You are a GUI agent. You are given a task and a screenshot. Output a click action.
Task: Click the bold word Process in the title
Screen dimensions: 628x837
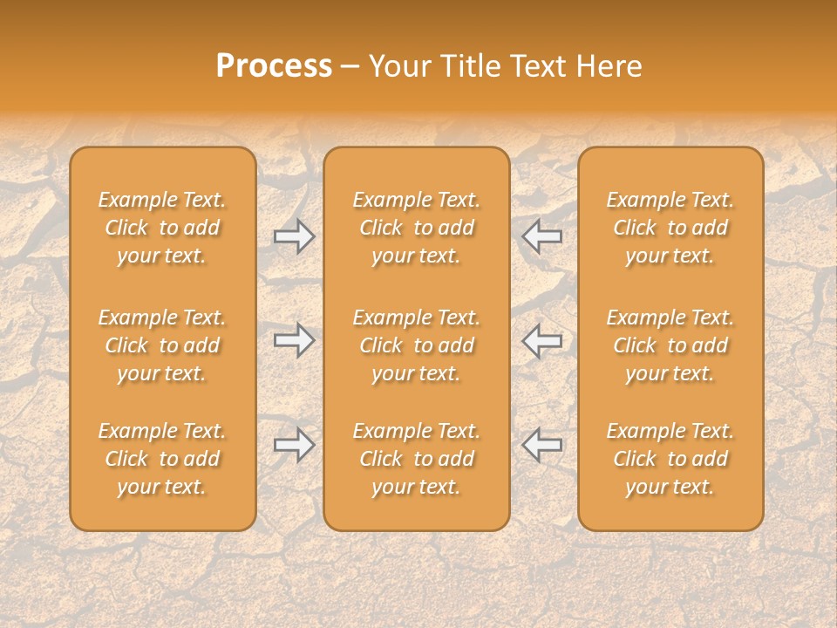point(274,66)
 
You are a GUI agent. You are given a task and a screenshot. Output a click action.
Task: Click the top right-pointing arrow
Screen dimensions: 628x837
point(295,235)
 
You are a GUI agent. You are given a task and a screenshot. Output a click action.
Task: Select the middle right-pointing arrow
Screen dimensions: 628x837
point(295,339)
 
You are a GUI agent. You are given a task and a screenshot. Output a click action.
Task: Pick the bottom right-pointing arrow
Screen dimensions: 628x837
point(295,444)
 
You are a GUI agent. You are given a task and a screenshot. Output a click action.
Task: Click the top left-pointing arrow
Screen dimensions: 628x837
point(541,235)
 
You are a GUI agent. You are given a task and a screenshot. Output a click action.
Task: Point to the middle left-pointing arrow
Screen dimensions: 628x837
point(541,339)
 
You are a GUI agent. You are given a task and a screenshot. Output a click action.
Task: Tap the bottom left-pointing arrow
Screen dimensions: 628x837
point(541,444)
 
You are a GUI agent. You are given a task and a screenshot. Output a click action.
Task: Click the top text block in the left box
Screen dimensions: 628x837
point(162,228)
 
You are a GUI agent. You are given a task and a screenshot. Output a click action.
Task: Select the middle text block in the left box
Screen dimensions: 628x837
point(162,345)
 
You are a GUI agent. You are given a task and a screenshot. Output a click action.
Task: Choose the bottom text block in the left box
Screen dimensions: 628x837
point(162,459)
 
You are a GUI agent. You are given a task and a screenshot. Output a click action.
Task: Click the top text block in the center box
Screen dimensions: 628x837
point(416,228)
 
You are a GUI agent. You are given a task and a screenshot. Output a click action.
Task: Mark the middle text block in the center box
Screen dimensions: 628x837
point(416,345)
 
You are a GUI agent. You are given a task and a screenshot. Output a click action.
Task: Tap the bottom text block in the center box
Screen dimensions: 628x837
point(416,459)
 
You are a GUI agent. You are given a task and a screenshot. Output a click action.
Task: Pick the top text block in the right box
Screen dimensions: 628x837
point(670,228)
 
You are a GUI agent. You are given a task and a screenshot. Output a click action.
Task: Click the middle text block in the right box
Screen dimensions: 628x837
point(670,345)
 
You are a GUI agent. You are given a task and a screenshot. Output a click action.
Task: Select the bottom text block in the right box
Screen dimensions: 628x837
point(670,459)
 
